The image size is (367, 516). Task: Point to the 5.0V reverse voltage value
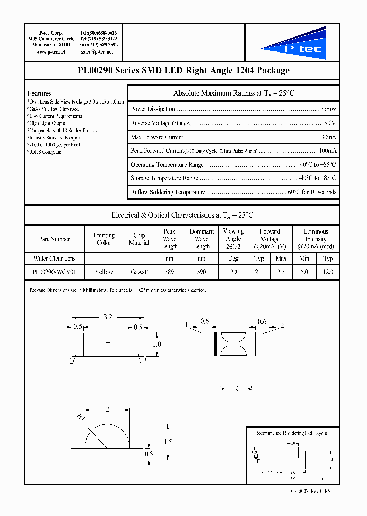click(x=330, y=123)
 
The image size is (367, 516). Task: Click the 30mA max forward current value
click(x=328, y=137)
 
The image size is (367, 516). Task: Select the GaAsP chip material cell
click(x=139, y=272)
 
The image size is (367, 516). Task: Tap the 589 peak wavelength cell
click(x=169, y=272)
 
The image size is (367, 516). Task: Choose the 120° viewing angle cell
click(x=233, y=272)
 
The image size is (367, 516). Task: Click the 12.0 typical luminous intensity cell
click(x=328, y=272)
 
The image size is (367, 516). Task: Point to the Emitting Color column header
click(x=104, y=239)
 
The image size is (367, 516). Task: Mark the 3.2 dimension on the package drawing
click(x=108, y=317)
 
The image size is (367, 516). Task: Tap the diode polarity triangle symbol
click(x=237, y=389)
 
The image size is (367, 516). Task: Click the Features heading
click(x=40, y=94)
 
